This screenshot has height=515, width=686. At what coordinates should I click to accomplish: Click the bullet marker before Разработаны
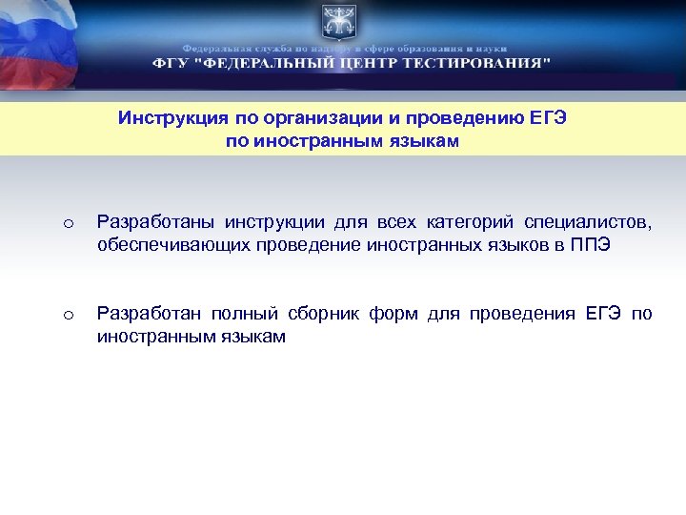[x=68, y=224]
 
